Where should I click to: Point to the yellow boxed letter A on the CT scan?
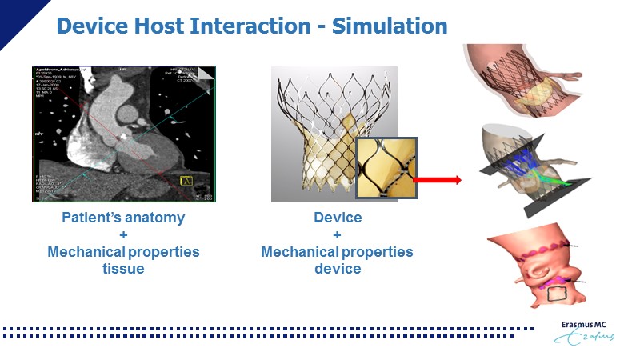coord(189,182)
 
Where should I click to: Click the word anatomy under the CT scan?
coord(156,218)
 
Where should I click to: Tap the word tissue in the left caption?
coord(123,269)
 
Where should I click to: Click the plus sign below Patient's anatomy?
coord(123,235)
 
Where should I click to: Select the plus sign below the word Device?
coord(337,235)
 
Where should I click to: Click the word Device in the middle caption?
coord(337,218)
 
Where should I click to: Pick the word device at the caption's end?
coord(337,269)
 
